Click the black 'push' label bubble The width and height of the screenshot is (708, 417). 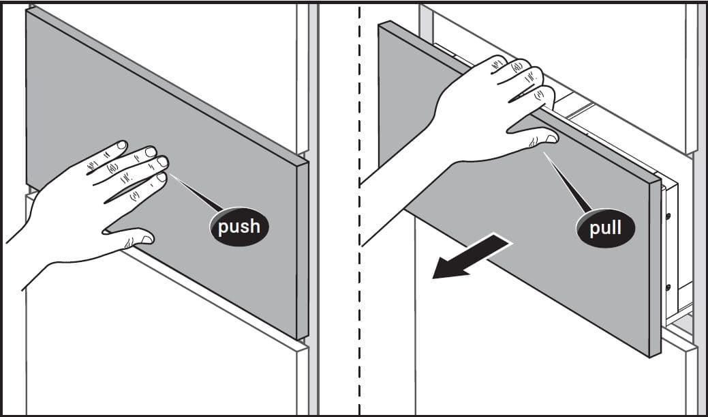(x=239, y=227)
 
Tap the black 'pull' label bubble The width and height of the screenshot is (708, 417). (x=606, y=227)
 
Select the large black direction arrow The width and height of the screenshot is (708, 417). (x=472, y=256)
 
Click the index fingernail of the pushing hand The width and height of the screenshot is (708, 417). (x=121, y=145)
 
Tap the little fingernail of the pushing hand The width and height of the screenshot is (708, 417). (x=161, y=177)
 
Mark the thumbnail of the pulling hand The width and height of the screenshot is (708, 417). (x=551, y=139)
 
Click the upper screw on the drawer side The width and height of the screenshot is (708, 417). (x=668, y=216)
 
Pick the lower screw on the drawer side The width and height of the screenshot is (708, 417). (x=668, y=287)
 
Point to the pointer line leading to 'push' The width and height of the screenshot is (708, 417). (x=196, y=193)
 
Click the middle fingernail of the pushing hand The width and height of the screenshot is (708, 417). (x=151, y=152)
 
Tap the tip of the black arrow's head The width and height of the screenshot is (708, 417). (x=433, y=278)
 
